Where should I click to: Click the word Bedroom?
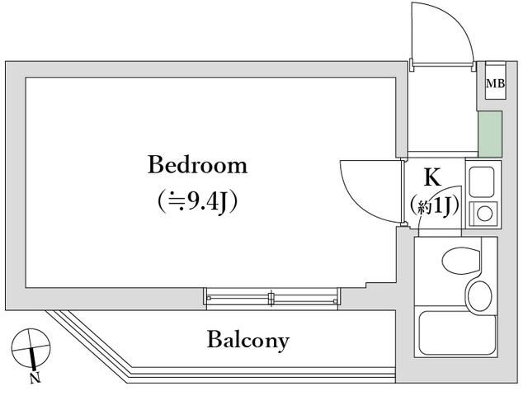(197, 165)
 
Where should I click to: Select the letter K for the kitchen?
(431, 177)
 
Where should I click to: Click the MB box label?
(495, 83)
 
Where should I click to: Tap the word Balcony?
(247, 339)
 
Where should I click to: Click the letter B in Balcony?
(214, 338)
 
